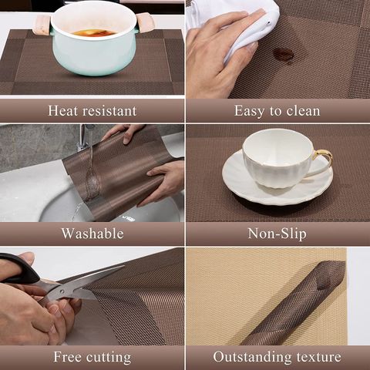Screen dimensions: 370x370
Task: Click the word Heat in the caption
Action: [x=62, y=111]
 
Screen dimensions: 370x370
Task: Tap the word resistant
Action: [x=109, y=111]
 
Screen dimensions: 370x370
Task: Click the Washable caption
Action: [x=92, y=234]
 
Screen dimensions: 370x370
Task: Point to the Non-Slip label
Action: [x=277, y=234]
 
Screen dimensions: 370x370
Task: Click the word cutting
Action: [x=109, y=358]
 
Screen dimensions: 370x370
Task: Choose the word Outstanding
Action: [x=252, y=358]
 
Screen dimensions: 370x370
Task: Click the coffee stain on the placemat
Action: [x=283, y=55]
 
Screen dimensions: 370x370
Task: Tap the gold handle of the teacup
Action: [x=323, y=156]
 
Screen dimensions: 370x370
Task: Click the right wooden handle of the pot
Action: [x=146, y=22]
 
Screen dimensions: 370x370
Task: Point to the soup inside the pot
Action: [x=93, y=33]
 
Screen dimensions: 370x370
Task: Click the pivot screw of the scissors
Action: [x=62, y=291]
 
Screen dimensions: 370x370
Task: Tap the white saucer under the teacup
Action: [x=277, y=180]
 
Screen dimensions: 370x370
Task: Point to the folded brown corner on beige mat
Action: [x=295, y=303]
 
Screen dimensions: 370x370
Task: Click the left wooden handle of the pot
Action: [x=42, y=25]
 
